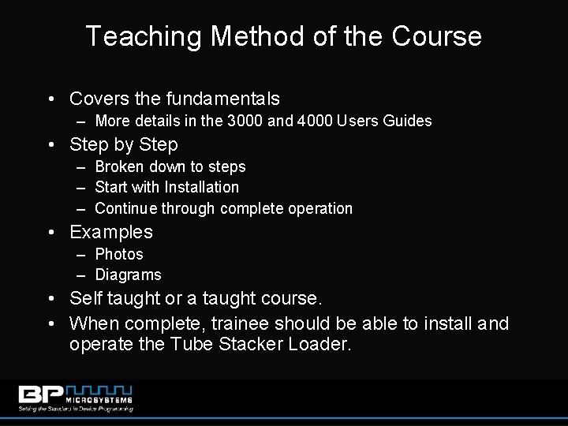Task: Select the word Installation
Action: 201,188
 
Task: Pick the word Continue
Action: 125,208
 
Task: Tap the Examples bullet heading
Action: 111,232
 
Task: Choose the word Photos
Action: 119,254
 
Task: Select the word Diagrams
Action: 128,275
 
